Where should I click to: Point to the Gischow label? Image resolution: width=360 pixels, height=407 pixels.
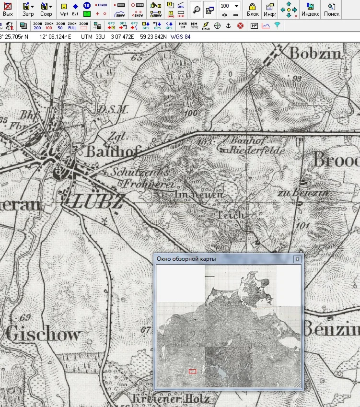tap(43, 334)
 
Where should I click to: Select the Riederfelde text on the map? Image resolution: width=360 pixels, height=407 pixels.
tap(259, 151)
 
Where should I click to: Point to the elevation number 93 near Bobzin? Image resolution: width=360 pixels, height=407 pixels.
tap(297, 79)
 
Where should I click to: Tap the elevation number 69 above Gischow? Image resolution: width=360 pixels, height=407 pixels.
tap(26, 317)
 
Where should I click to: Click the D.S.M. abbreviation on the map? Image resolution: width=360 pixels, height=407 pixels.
tap(113, 109)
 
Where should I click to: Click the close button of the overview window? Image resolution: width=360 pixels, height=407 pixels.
tap(297, 259)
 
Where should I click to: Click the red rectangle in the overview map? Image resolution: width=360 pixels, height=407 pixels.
tap(193, 371)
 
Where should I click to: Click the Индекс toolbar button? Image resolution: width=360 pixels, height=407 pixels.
tap(310, 9)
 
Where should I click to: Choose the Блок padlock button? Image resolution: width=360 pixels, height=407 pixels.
tap(252, 9)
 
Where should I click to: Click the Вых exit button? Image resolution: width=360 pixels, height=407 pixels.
tap(8, 9)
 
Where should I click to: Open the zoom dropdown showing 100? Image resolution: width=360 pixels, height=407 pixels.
tap(237, 6)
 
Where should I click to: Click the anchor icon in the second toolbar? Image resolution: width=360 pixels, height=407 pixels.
tap(229, 25)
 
